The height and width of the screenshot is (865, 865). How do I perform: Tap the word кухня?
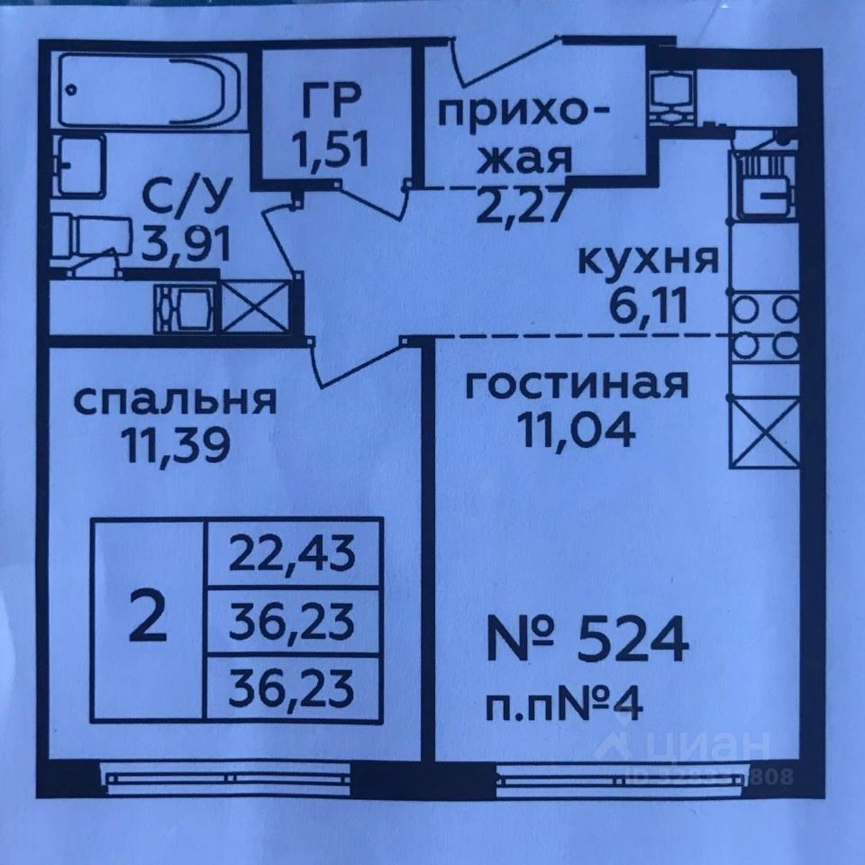[x=647, y=261]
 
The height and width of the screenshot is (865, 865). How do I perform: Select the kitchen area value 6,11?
[x=647, y=307]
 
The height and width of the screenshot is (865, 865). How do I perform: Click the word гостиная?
[x=577, y=385]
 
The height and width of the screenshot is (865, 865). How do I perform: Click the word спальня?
[x=175, y=399]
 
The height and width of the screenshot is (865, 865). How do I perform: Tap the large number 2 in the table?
[x=148, y=620]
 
